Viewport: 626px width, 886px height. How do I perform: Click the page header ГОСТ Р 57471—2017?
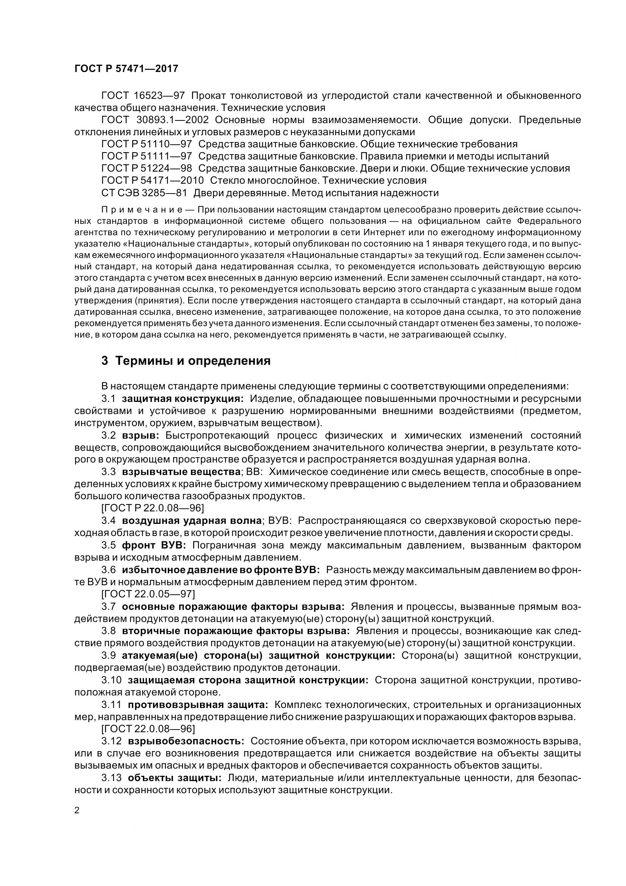tap(126, 69)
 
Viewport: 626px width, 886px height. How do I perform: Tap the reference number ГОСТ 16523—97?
tap(143, 95)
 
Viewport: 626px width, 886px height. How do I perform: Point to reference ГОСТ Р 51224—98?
tap(147, 168)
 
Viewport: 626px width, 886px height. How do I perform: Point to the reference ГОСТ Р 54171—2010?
tap(152, 180)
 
